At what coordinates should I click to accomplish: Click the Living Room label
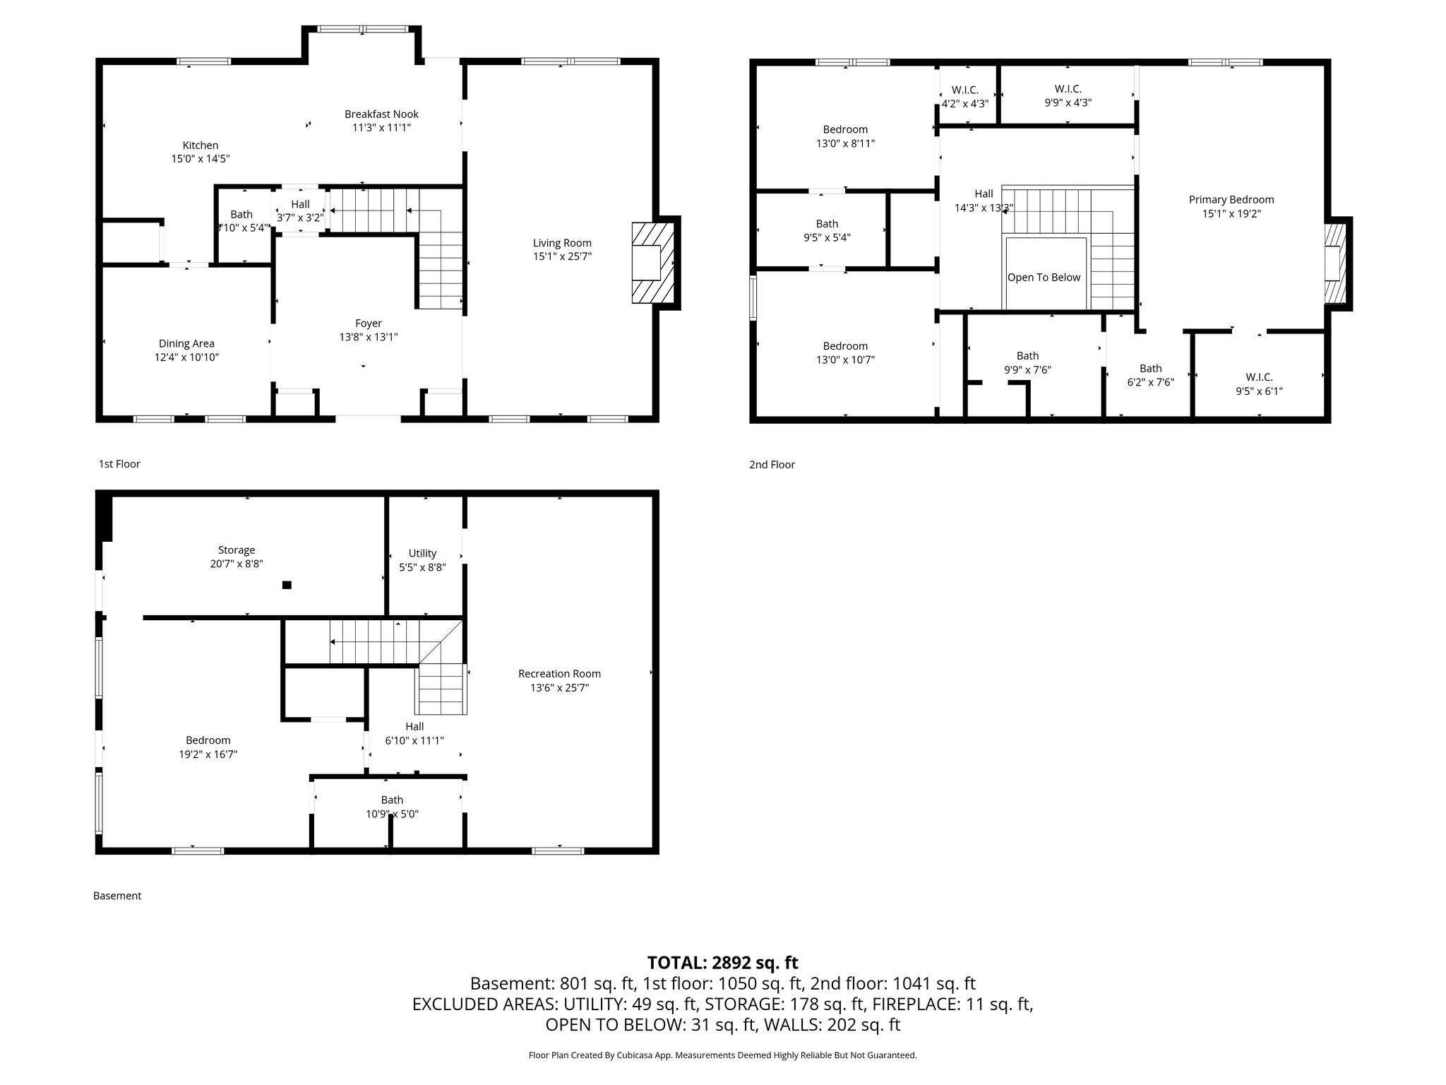pos(562,243)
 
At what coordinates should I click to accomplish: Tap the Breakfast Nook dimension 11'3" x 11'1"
pos(381,128)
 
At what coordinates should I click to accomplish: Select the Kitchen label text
pos(201,146)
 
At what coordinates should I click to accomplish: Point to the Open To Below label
pos(1044,278)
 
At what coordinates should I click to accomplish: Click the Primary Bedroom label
pos(1231,200)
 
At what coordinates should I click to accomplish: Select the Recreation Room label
pos(559,674)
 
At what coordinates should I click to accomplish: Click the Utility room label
pos(422,553)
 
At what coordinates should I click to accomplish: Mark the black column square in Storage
pos(287,585)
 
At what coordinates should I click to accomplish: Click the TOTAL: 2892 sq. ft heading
pos(722,963)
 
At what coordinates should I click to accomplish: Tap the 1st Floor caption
pos(119,464)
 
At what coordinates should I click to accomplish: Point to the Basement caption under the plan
pos(117,896)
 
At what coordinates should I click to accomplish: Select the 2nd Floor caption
pos(772,465)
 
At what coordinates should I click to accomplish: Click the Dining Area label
pos(186,344)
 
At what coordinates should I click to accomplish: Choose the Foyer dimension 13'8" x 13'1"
pos(369,338)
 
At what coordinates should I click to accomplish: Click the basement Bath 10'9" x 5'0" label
pos(392,800)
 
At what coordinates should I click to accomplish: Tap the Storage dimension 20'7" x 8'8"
pos(237,564)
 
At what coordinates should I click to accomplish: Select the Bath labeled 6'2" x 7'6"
pos(1150,369)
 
